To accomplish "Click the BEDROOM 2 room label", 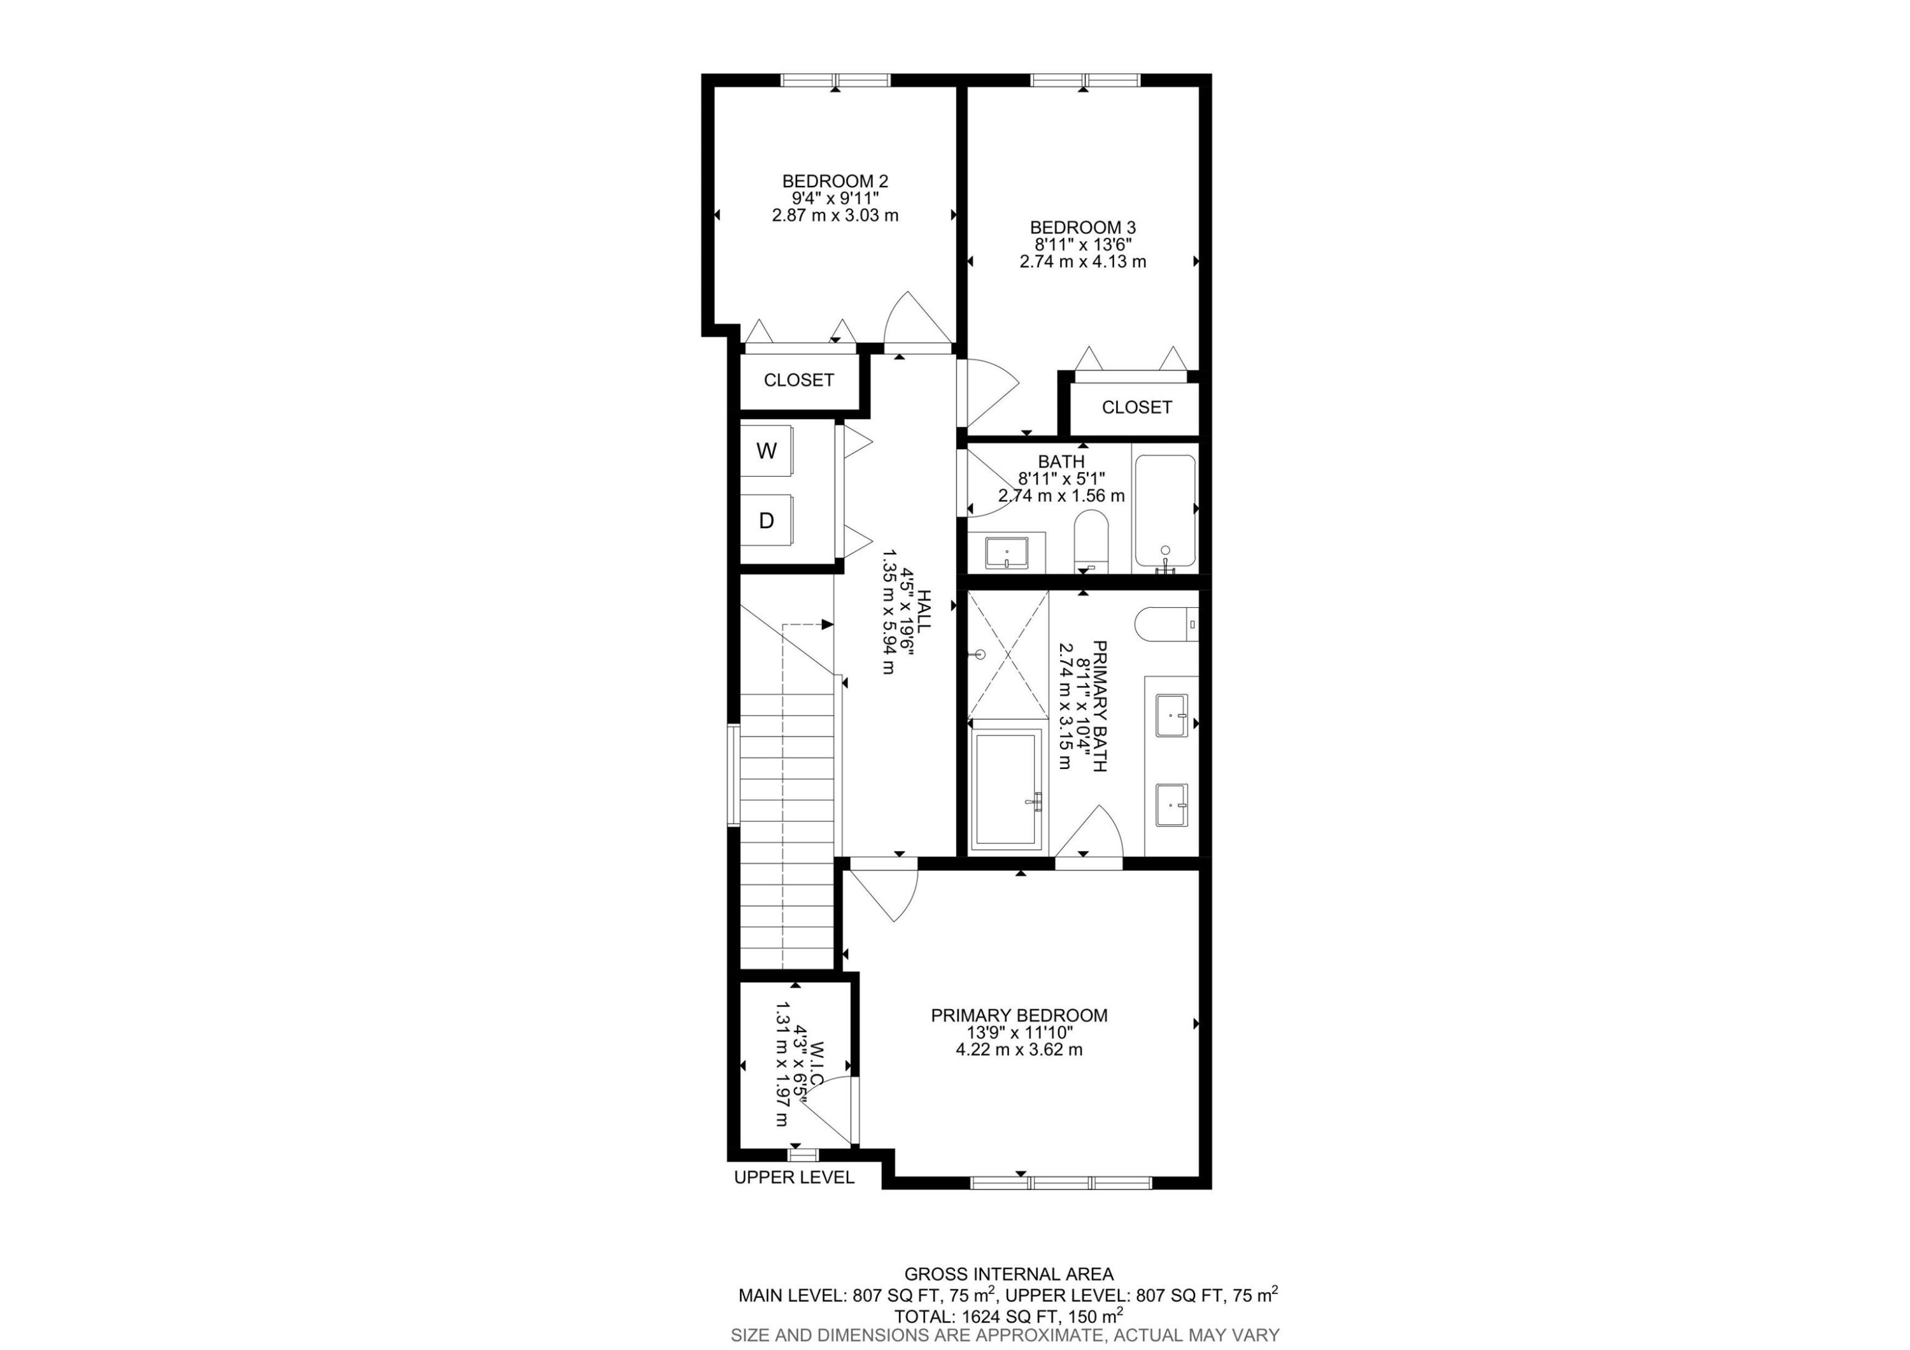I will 835,180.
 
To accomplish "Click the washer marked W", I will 766,451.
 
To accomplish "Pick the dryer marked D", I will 766,521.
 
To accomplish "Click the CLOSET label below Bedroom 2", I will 798,380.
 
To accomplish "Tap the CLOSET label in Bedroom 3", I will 1136,407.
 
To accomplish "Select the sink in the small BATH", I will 1006,552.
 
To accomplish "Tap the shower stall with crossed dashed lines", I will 1007,654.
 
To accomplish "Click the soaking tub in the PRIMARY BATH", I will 1007,787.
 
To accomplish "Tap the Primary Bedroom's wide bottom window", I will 1061,1182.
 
